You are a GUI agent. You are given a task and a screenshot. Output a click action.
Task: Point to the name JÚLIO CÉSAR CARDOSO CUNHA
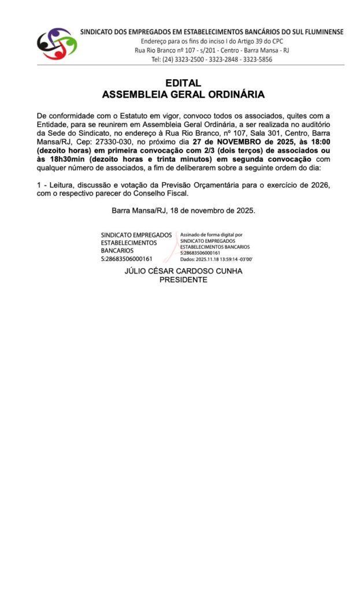click(183, 271)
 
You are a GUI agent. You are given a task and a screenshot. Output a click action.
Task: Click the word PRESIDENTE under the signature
click(183, 280)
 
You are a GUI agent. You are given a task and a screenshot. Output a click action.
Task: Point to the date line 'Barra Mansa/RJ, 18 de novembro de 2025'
click(183, 210)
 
